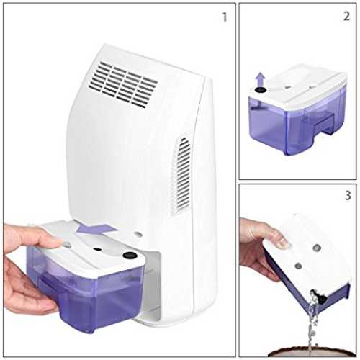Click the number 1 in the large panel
[x=225, y=17]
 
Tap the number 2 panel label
[x=346, y=17]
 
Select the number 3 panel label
[x=348, y=195]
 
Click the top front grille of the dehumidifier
[x=123, y=84]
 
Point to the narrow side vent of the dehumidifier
[x=181, y=175]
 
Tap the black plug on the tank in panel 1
[x=130, y=255]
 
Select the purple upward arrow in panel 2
[x=260, y=81]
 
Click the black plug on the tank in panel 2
[x=261, y=90]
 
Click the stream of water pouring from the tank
[x=312, y=324]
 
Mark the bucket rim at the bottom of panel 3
[x=312, y=352]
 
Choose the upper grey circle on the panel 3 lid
[x=317, y=247]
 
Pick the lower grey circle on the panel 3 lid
[x=298, y=266]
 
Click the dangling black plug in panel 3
[x=320, y=297]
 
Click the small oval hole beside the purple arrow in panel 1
[x=138, y=233]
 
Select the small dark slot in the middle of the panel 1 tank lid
[x=97, y=249]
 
